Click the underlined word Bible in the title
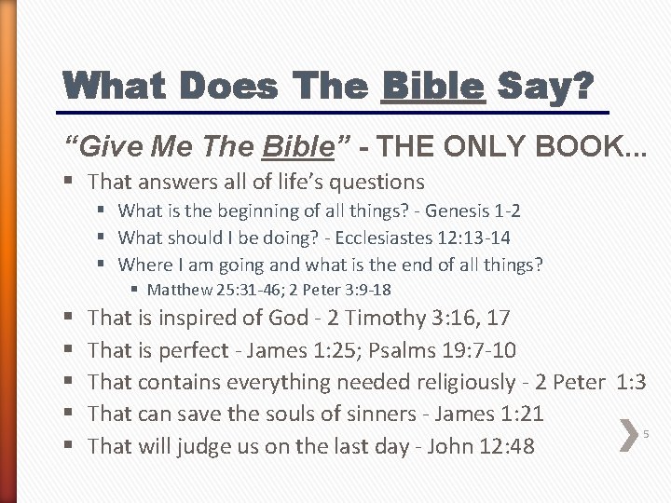pos(433,88)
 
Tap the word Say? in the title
pos(544,88)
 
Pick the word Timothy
pos(386,318)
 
